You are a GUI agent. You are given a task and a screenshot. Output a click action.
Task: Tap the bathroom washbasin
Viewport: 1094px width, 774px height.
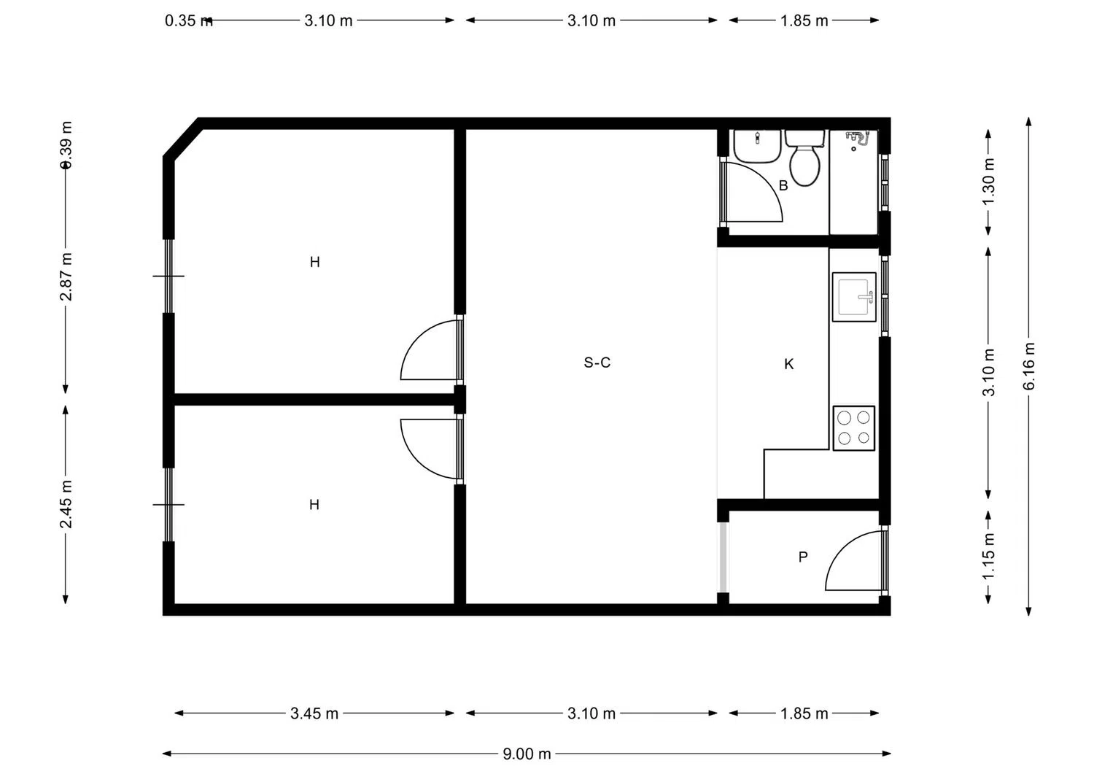coord(757,147)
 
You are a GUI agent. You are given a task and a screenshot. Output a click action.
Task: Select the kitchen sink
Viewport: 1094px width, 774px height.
coord(854,297)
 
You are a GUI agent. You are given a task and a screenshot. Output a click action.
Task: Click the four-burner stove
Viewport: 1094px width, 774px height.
coord(854,428)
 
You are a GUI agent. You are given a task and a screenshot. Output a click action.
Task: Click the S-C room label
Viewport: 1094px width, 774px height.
coord(597,363)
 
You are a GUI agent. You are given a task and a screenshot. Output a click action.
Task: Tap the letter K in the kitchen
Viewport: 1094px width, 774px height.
coord(789,364)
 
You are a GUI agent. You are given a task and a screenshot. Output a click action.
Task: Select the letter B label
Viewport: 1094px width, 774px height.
coord(783,186)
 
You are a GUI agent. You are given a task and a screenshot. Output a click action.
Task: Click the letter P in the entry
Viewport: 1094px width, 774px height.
coord(803,557)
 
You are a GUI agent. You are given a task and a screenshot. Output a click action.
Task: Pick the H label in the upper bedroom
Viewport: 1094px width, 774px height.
coord(314,262)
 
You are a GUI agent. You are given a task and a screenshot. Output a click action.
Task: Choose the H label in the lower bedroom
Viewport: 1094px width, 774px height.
coord(314,505)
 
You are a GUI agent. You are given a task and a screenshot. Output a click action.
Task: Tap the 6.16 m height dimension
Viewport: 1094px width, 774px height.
coord(1029,366)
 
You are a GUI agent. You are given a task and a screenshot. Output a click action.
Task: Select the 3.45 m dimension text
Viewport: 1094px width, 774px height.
coord(314,713)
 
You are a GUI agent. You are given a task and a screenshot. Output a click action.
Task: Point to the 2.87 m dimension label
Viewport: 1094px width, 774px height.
coord(66,277)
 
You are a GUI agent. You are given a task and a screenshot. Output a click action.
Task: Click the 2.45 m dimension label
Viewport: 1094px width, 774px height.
coord(66,504)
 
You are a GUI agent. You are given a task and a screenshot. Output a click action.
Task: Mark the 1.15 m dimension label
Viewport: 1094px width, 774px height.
coord(989,557)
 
